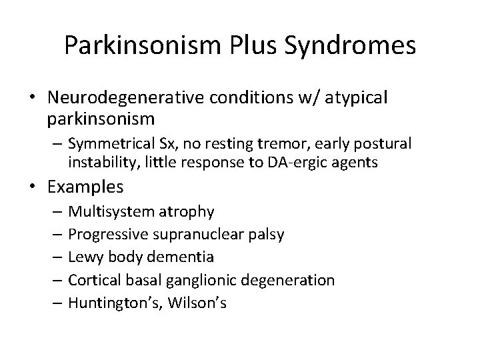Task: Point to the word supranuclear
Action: click(x=195, y=235)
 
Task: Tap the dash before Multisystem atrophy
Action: click(x=59, y=212)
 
